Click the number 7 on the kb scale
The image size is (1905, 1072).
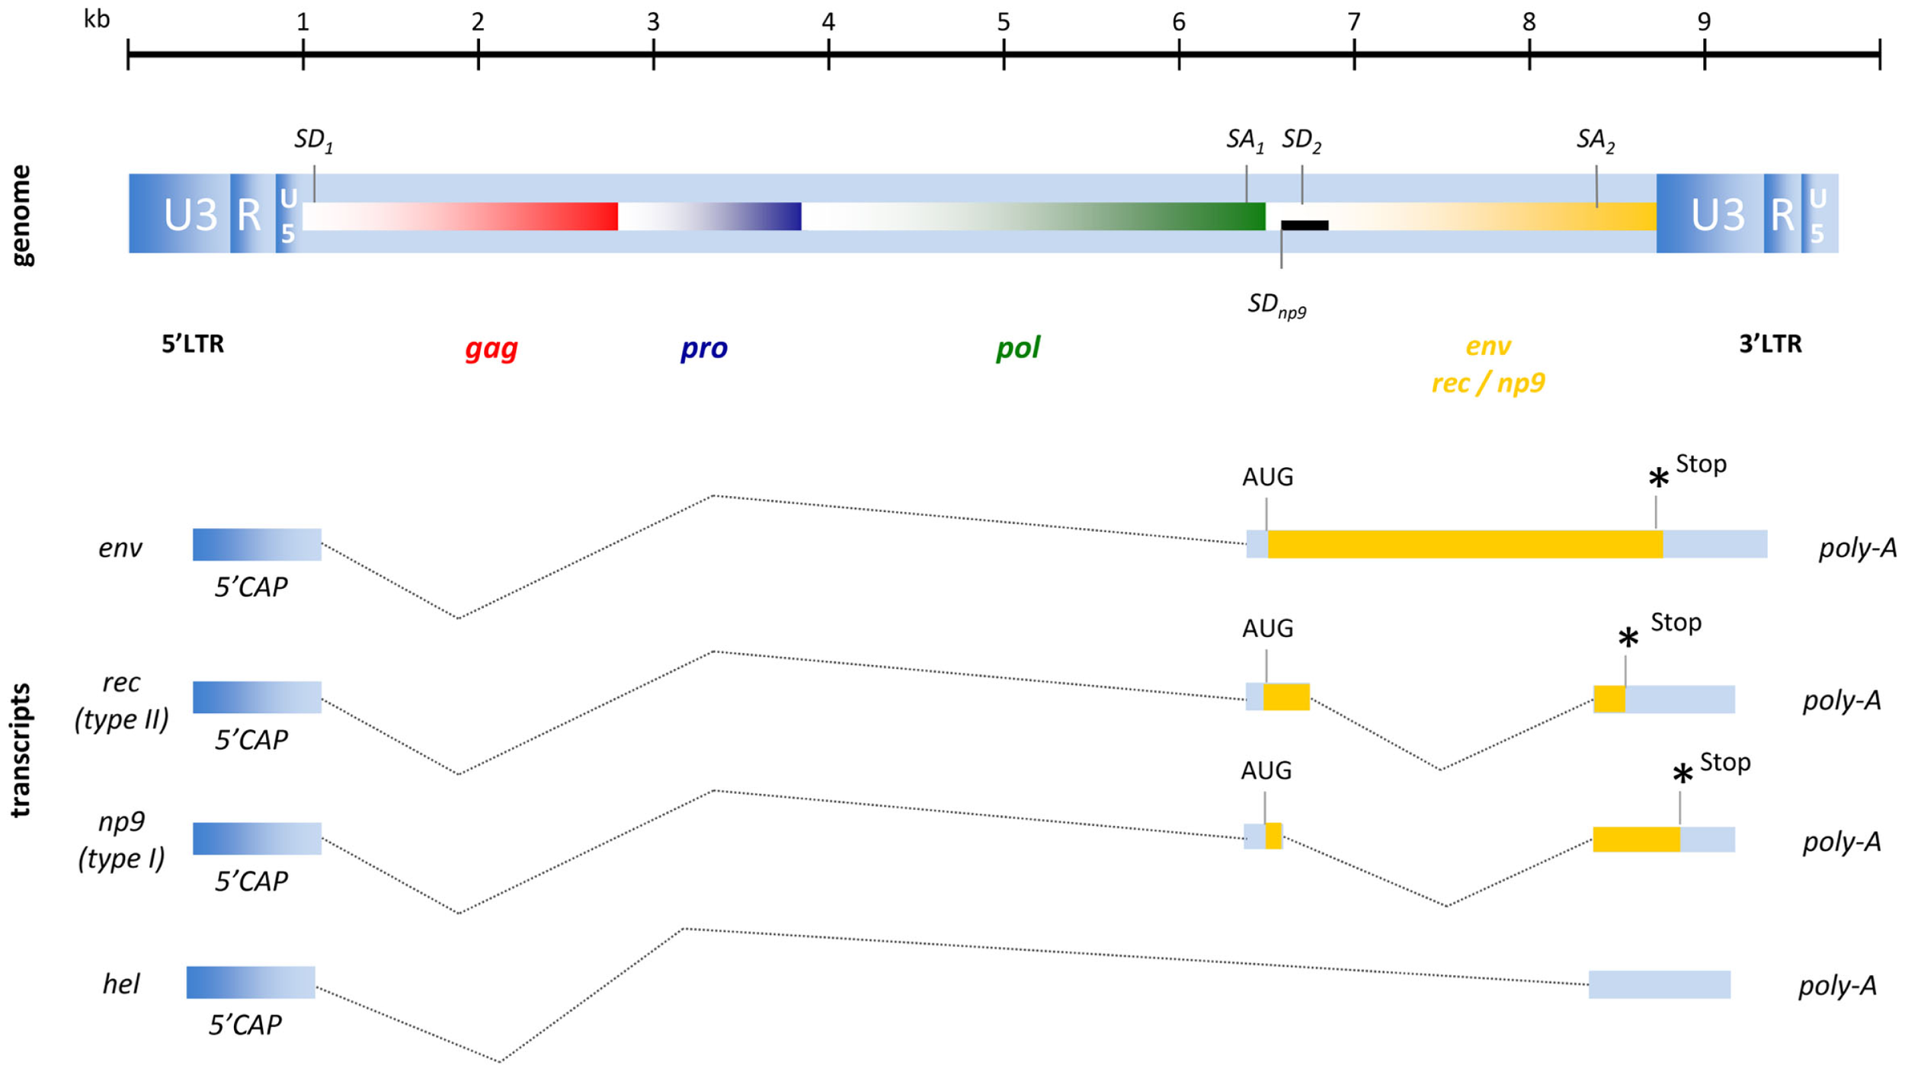click(1353, 22)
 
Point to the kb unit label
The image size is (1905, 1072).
click(97, 18)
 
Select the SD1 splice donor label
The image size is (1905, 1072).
click(313, 140)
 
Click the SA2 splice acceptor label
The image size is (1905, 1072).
click(1595, 140)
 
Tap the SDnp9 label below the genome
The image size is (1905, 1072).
click(1276, 305)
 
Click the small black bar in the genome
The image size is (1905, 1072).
click(1305, 226)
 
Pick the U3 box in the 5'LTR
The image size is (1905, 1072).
click(190, 215)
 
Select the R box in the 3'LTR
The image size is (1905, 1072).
click(1782, 215)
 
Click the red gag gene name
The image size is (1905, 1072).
click(491, 348)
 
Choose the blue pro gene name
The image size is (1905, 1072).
click(703, 348)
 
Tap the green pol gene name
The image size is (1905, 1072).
click(1017, 348)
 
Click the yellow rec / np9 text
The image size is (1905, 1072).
click(1487, 382)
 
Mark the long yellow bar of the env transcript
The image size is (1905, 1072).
click(1463, 544)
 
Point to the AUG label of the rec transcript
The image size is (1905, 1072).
click(1267, 629)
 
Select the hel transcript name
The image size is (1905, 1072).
click(121, 984)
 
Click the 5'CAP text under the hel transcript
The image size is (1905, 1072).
click(245, 1026)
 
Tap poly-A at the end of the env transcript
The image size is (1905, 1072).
click(1857, 548)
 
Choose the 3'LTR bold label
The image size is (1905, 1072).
click(1770, 344)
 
